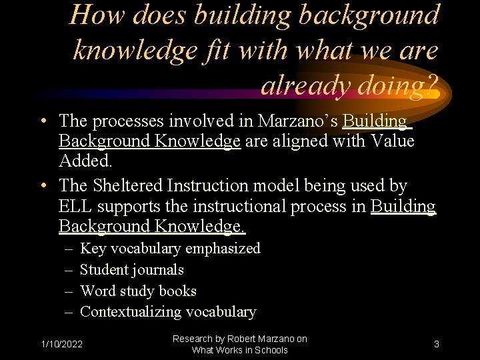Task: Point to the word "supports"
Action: (123, 206)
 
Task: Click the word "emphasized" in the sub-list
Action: (223, 249)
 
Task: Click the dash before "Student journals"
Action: (69, 270)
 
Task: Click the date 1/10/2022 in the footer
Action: (62, 345)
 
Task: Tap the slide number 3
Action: (436, 345)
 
